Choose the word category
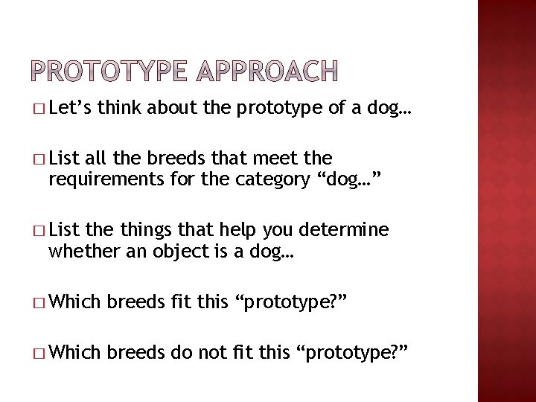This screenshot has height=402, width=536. click(264, 179)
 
